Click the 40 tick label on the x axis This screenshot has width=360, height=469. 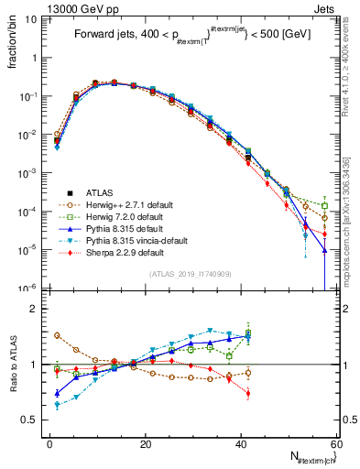click(240, 444)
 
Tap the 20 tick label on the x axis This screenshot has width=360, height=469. click(145, 444)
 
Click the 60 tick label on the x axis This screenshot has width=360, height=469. click(334, 444)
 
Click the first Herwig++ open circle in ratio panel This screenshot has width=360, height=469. click(57, 335)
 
